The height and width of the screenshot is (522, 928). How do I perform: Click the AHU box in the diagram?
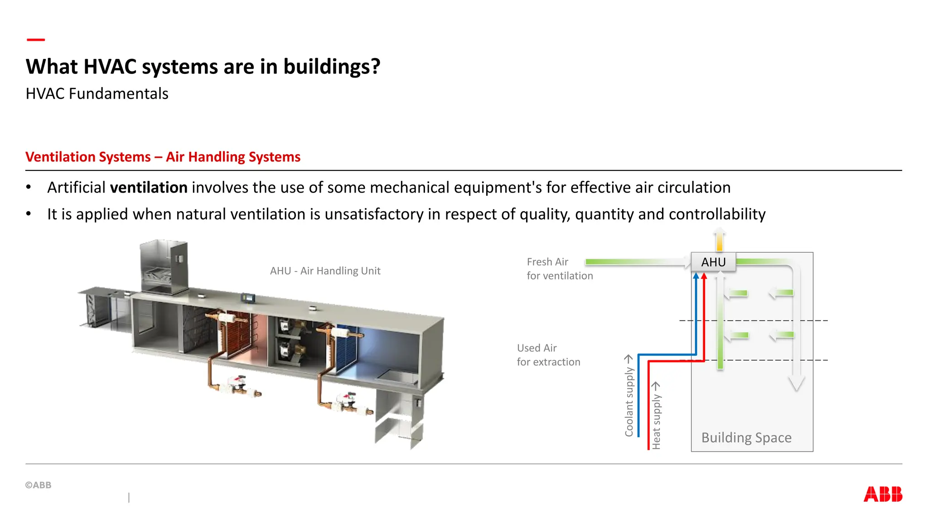click(713, 262)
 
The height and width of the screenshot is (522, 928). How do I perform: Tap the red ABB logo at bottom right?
click(883, 494)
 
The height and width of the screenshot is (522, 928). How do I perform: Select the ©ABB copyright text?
click(39, 485)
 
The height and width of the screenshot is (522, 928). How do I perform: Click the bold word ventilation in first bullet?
click(149, 187)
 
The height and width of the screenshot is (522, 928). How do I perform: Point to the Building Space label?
click(746, 437)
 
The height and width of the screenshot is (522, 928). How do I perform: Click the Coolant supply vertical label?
click(629, 401)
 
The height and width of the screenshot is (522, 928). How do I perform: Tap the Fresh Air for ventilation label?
click(560, 269)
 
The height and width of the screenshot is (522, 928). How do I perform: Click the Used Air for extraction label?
click(548, 355)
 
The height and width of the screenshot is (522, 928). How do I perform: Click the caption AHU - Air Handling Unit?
click(325, 271)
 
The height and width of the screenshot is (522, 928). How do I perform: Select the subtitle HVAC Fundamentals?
click(97, 93)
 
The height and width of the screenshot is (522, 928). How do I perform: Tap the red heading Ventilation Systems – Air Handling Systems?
click(163, 157)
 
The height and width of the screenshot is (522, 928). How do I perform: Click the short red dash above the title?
click(36, 40)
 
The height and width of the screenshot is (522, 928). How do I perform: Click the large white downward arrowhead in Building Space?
click(796, 383)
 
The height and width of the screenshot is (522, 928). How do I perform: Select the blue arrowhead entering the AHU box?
click(696, 276)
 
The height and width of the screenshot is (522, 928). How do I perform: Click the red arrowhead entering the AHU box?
click(704, 276)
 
